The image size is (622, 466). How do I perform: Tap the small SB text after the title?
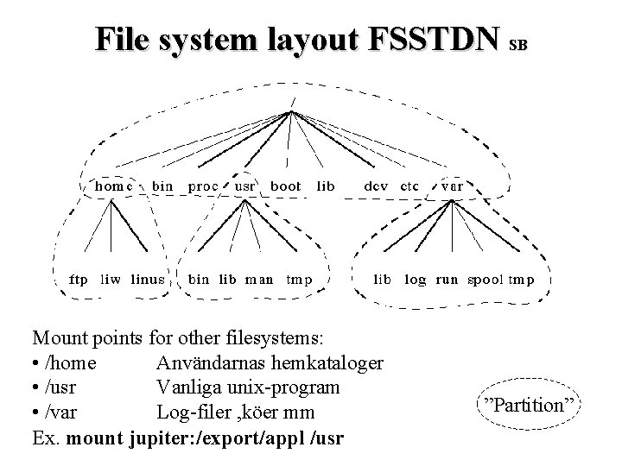tap(518, 42)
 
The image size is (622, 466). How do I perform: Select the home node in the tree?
tap(113, 186)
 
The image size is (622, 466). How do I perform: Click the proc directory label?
tap(203, 186)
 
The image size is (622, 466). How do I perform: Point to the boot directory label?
tap(286, 186)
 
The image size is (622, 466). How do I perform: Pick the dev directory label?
tap(375, 186)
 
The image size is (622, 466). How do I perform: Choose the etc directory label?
tap(409, 186)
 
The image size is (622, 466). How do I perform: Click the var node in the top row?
tap(451, 186)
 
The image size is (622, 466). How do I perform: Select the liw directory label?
tap(110, 280)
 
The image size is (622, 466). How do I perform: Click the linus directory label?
tap(148, 280)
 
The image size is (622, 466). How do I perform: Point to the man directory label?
tap(259, 280)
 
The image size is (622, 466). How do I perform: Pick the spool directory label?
tap(485, 280)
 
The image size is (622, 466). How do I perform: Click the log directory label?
tap(415, 280)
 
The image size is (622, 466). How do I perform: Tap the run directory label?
tap(447, 280)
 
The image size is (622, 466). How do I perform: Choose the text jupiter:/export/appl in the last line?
tap(200, 438)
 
